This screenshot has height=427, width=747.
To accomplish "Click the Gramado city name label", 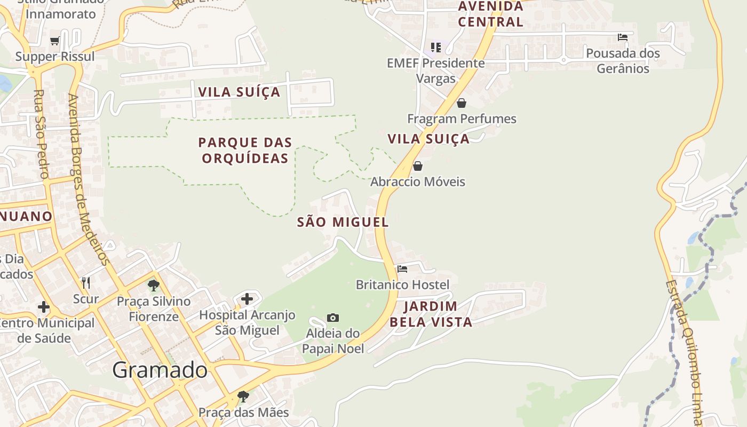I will tap(160, 370).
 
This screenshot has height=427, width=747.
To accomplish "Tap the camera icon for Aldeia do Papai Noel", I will tap(333, 318).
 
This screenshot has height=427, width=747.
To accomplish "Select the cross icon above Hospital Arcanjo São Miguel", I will tap(247, 299).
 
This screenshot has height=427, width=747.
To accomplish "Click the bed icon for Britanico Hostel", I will tap(402, 269).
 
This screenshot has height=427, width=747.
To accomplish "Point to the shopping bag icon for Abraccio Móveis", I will tap(418, 166).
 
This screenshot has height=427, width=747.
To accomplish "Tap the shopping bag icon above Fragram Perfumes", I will tap(462, 103).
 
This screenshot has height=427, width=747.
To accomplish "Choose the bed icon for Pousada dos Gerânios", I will tap(622, 37).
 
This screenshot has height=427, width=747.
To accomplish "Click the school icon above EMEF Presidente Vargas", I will tap(436, 48).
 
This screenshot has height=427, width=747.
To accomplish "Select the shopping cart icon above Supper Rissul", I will tap(55, 41).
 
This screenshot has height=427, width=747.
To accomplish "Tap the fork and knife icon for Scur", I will tap(86, 282).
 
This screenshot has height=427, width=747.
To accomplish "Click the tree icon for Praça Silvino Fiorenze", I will tap(154, 286).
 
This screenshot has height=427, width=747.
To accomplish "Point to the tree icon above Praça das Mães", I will tap(243, 397).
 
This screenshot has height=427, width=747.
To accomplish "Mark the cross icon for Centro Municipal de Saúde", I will tap(44, 307).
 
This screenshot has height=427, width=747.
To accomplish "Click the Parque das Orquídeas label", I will tap(245, 150).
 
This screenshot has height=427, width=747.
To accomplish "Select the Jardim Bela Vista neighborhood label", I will tap(431, 314).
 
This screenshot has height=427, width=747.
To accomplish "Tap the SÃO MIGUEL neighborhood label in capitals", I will tap(343, 223).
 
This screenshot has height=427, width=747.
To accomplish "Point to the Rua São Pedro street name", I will tap(41, 134).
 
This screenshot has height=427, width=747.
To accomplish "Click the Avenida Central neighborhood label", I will tap(490, 14).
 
